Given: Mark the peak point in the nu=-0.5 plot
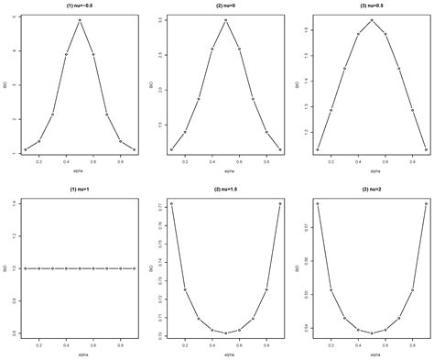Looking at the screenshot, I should tap(80, 20).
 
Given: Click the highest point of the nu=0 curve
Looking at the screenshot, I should tap(225, 20).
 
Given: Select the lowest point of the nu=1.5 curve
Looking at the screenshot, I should tap(225, 333).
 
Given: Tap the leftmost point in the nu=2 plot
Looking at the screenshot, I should tap(318, 203).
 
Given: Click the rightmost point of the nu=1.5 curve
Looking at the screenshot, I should tap(280, 203).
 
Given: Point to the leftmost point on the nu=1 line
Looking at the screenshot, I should tap(25, 268).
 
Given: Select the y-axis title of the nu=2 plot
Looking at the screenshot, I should tap(297, 268).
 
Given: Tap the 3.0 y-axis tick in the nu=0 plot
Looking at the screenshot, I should tap(161, 20).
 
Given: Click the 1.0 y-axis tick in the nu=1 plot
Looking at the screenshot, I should tap(15, 268).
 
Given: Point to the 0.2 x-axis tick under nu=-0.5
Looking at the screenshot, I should tap(38, 161).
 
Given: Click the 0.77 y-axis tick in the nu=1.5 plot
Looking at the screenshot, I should tap(161, 210).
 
